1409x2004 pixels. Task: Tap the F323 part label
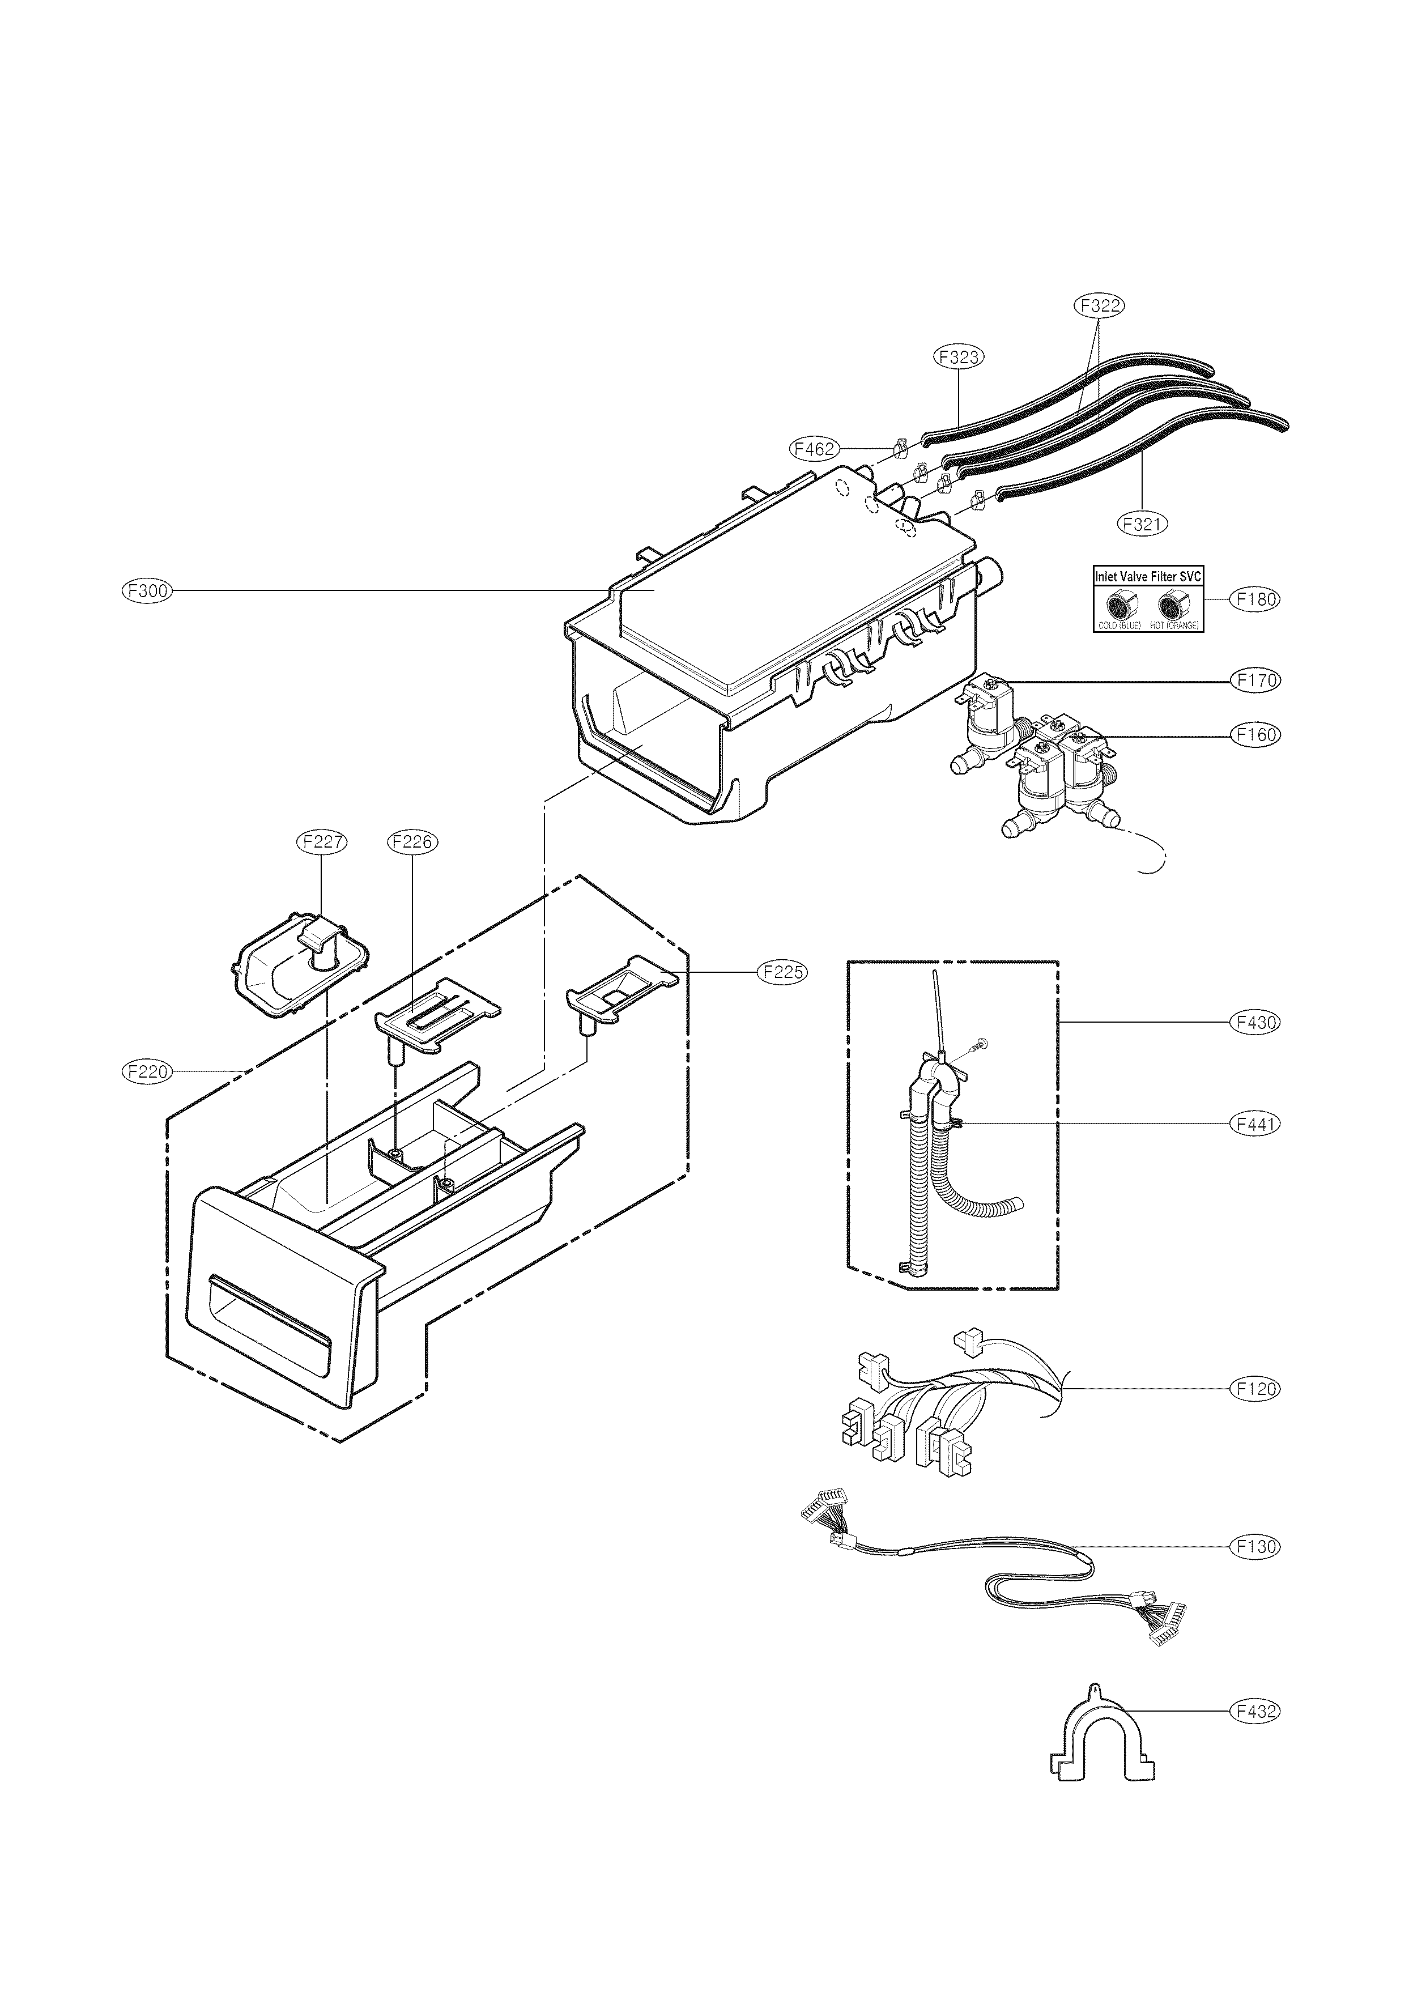pos(957,356)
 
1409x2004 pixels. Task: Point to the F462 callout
pos(814,449)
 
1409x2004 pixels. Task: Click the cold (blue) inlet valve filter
pos(1119,604)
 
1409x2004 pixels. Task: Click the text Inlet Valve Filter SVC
pos(1148,577)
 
